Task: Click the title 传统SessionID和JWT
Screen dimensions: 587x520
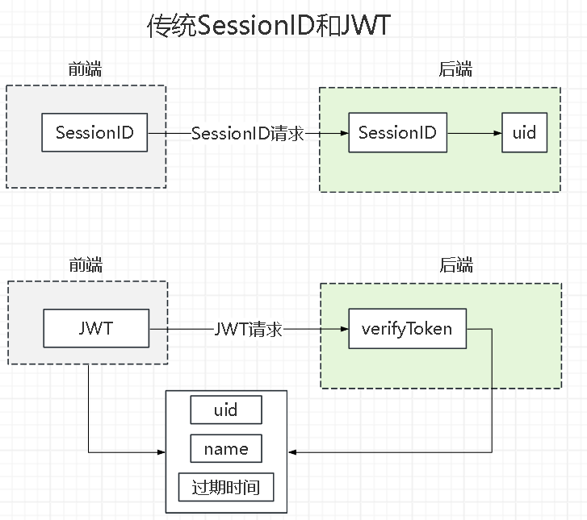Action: pyautogui.click(x=269, y=26)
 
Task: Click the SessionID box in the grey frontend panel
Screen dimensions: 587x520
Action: pyautogui.click(x=94, y=132)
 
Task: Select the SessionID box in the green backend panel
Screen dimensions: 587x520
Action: pyautogui.click(x=397, y=132)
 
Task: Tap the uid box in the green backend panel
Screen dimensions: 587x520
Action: pyautogui.click(x=524, y=132)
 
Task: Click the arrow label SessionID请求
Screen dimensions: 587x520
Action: pyautogui.click(x=247, y=134)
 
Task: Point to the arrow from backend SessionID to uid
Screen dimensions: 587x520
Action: pyautogui.click(x=474, y=133)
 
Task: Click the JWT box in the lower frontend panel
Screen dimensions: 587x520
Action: pyautogui.click(x=96, y=328)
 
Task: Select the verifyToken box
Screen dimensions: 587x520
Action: pyautogui.click(x=407, y=329)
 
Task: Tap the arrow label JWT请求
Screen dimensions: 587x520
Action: pyautogui.click(x=248, y=330)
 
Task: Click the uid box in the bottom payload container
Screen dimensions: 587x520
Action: pyautogui.click(x=226, y=410)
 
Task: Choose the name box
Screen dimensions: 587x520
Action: pyautogui.click(x=226, y=448)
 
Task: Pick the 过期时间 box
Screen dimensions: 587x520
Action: pyautogui.click(x=226, y=487)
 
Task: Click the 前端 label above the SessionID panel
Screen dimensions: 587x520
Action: pyautogui.click(x=85, y=69)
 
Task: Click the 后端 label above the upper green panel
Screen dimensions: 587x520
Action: pyautogui.click(x=455, y=69)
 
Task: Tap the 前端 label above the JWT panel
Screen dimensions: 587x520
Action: pyautogui.click(x=86, y=264)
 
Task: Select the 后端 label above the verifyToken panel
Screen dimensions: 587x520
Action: pyautogui.click(x=456, y=264)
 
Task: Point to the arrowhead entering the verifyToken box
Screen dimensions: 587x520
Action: pyautogui.click(x=345, y=329)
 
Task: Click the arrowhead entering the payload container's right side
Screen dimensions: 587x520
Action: pyautogui.click(x=292, y=452)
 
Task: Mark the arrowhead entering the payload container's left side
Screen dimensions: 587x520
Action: pyautogui.click(x=161, y=452)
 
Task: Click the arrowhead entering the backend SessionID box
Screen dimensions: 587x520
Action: pyautogui.click(x=345, y=133)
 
